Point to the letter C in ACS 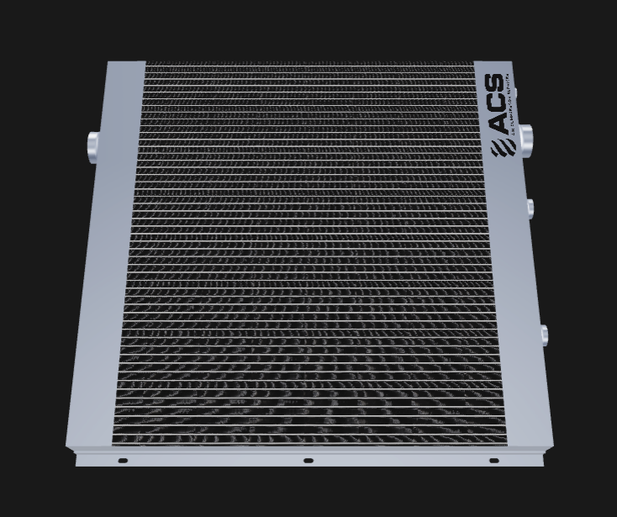point(498,104)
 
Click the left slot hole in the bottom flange point(122,461)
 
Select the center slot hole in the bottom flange point(308,461)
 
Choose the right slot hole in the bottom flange point(493,461)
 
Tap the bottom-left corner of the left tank point(68,446)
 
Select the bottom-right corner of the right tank point(555,446)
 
